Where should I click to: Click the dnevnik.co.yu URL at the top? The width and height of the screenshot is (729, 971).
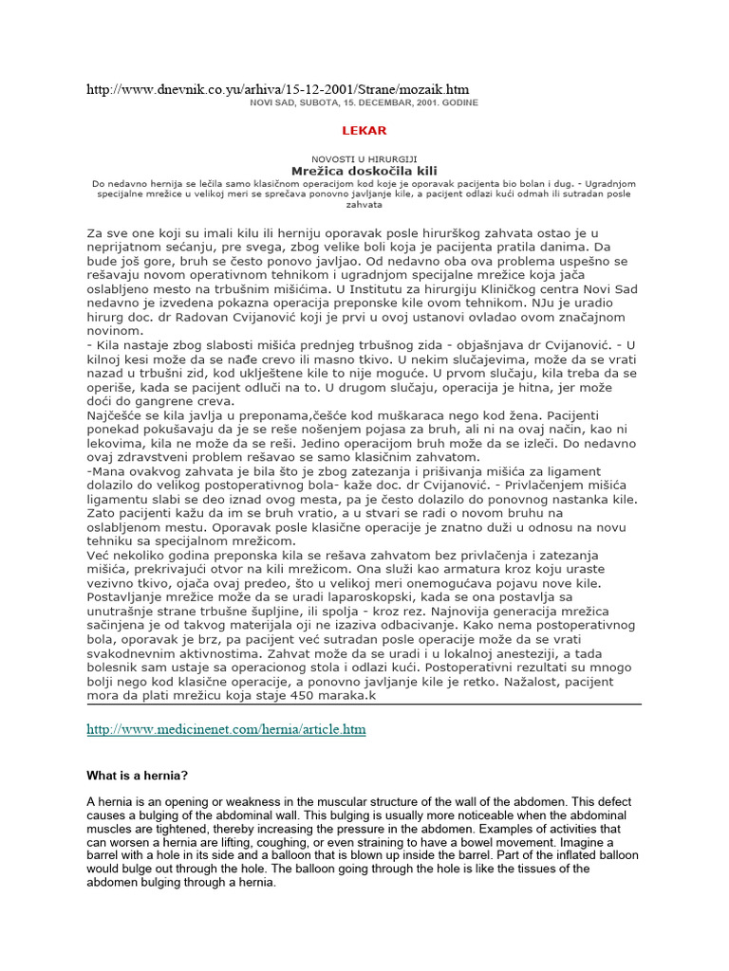[x=265, y=89]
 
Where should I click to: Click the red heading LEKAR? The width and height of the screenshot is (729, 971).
[x=364, y=130]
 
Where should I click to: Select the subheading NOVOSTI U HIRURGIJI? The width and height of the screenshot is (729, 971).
[x=364, y=158]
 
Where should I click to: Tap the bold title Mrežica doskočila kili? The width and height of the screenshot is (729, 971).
[x=364, y=171]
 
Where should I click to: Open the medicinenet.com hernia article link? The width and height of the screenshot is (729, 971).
[x=226, y=729]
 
